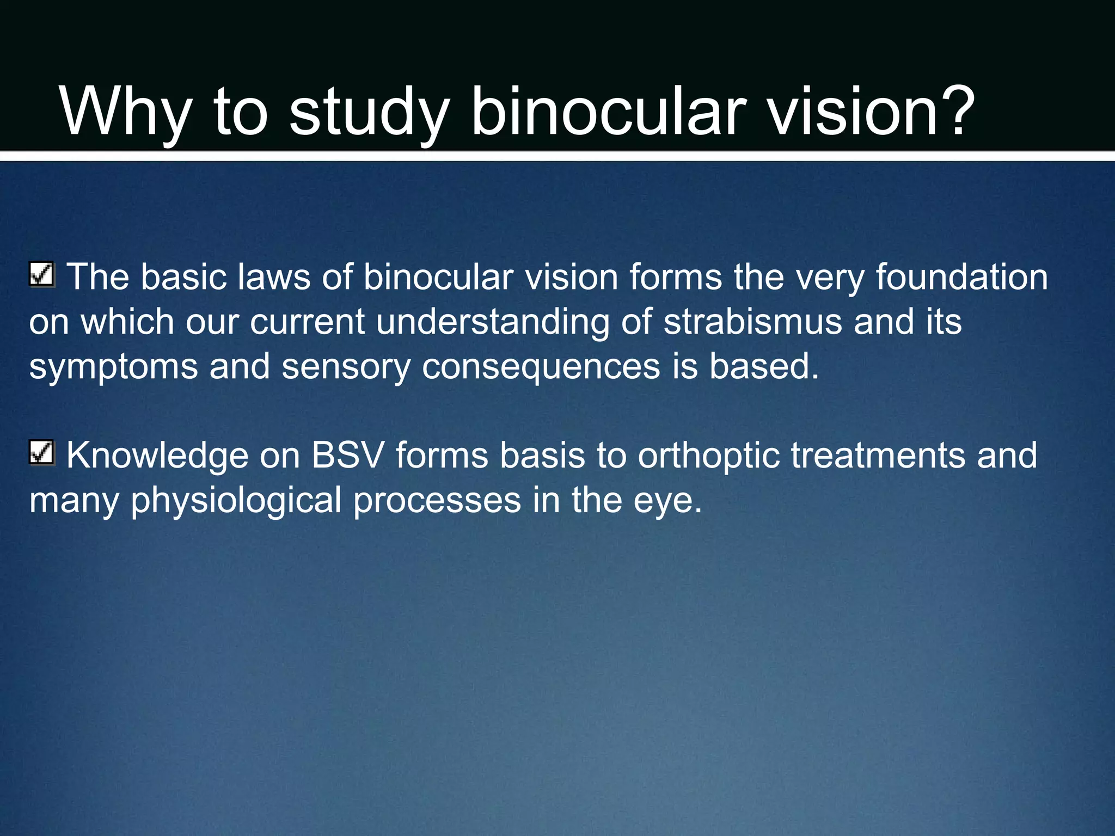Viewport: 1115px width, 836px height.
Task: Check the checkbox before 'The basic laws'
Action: [x=41, y=274]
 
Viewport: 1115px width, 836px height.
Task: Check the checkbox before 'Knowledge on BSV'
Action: [x=41, y=452]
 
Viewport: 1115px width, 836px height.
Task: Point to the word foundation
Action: [x=961, y=277]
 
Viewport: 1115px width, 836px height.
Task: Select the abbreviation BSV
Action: [x=348, y=455]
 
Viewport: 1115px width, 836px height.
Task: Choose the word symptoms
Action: [x=113, y=367]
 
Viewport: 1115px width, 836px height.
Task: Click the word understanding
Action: [x=493, y=323]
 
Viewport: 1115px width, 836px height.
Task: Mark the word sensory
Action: [x=346, y=367]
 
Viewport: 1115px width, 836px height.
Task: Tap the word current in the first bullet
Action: [x=307, y=322]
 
